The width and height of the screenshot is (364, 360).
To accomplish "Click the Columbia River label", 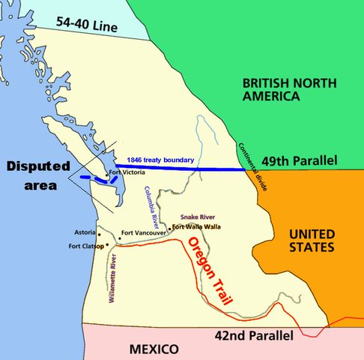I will tap(153, 205).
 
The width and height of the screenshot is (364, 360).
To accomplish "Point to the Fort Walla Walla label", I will tap(198, 226).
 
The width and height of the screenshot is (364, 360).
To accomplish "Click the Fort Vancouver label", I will tap(144, 232).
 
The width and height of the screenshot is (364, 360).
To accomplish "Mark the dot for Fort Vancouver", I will tap(119, 239).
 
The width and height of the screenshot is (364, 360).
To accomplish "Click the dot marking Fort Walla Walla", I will tap(171, 227).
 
